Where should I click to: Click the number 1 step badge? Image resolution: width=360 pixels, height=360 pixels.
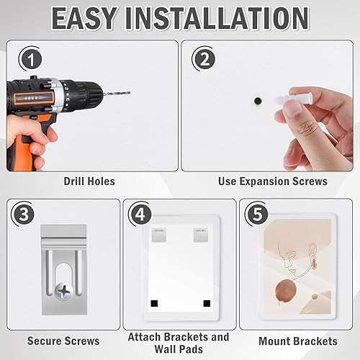pyautogui.click(x=32, y=60)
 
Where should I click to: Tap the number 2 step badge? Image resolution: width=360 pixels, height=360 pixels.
pyautogui.click(x=204, y=59)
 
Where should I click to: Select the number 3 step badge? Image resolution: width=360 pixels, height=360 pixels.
pyautogui.click(x=24, y=214)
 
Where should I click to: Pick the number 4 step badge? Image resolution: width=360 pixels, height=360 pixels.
pyautogui.click(x=140, y=214)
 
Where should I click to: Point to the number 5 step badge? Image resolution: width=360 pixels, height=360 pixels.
pyautogui.click(x=257, y=214)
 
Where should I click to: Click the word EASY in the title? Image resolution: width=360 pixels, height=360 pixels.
pyautogui.click(x=84, y=19)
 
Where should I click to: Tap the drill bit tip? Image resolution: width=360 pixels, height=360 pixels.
pyautogui.click(x=129, y=93)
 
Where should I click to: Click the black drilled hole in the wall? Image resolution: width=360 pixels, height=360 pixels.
pyautogui.click(x=258, y=101)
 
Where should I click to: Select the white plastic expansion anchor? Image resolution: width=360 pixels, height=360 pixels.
pyautogui.click(x=293, y=99)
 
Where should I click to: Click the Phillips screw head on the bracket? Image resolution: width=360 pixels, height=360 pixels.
pyautogui.click(x=63, y=292)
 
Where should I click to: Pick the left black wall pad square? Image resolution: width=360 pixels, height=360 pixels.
pyautogui.click(x=154, y=303)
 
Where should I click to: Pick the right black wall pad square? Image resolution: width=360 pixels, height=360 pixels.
pyautogui.click(x=207, y=303)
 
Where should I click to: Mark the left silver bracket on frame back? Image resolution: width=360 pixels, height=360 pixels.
pyautogui.click(x=159, y=235)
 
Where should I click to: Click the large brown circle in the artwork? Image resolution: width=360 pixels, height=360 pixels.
pyautogui.click(x=286, y=291)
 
